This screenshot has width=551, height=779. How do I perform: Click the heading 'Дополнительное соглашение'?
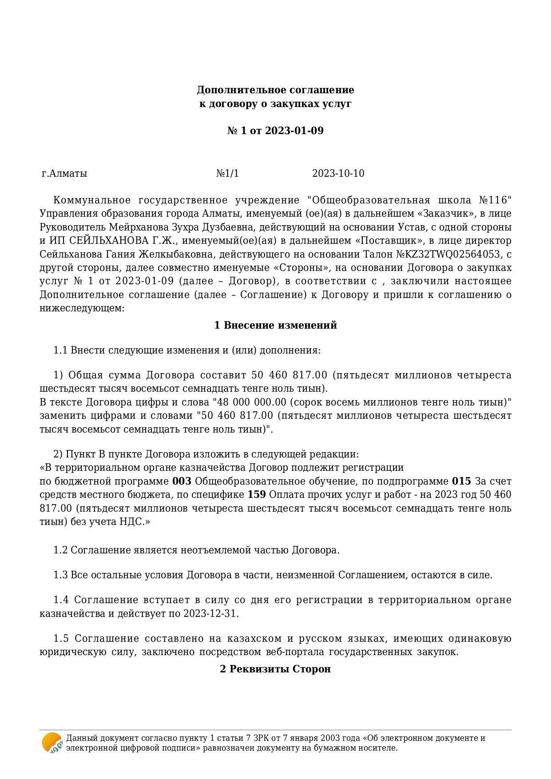tap(275, 90)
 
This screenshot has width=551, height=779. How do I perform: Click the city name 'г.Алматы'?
tap(64, 173)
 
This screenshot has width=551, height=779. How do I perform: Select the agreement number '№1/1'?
tap(227, 173)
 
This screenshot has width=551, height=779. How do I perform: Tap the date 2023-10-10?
tap(338, 173)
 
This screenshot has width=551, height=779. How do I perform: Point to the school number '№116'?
tap(496, 200)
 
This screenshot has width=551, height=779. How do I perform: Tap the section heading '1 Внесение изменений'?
tap(275, 325)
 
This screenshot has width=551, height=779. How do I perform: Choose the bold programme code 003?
tap(182, 481)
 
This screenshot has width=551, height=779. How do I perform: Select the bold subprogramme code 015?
tap(461, 481)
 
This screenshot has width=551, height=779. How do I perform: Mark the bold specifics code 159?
tap(257, 495)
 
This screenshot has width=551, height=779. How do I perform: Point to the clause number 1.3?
tap(60, 575)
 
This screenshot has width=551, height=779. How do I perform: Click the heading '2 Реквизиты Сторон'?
tap(275, 669)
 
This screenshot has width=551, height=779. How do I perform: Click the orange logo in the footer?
tap(52, 743)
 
